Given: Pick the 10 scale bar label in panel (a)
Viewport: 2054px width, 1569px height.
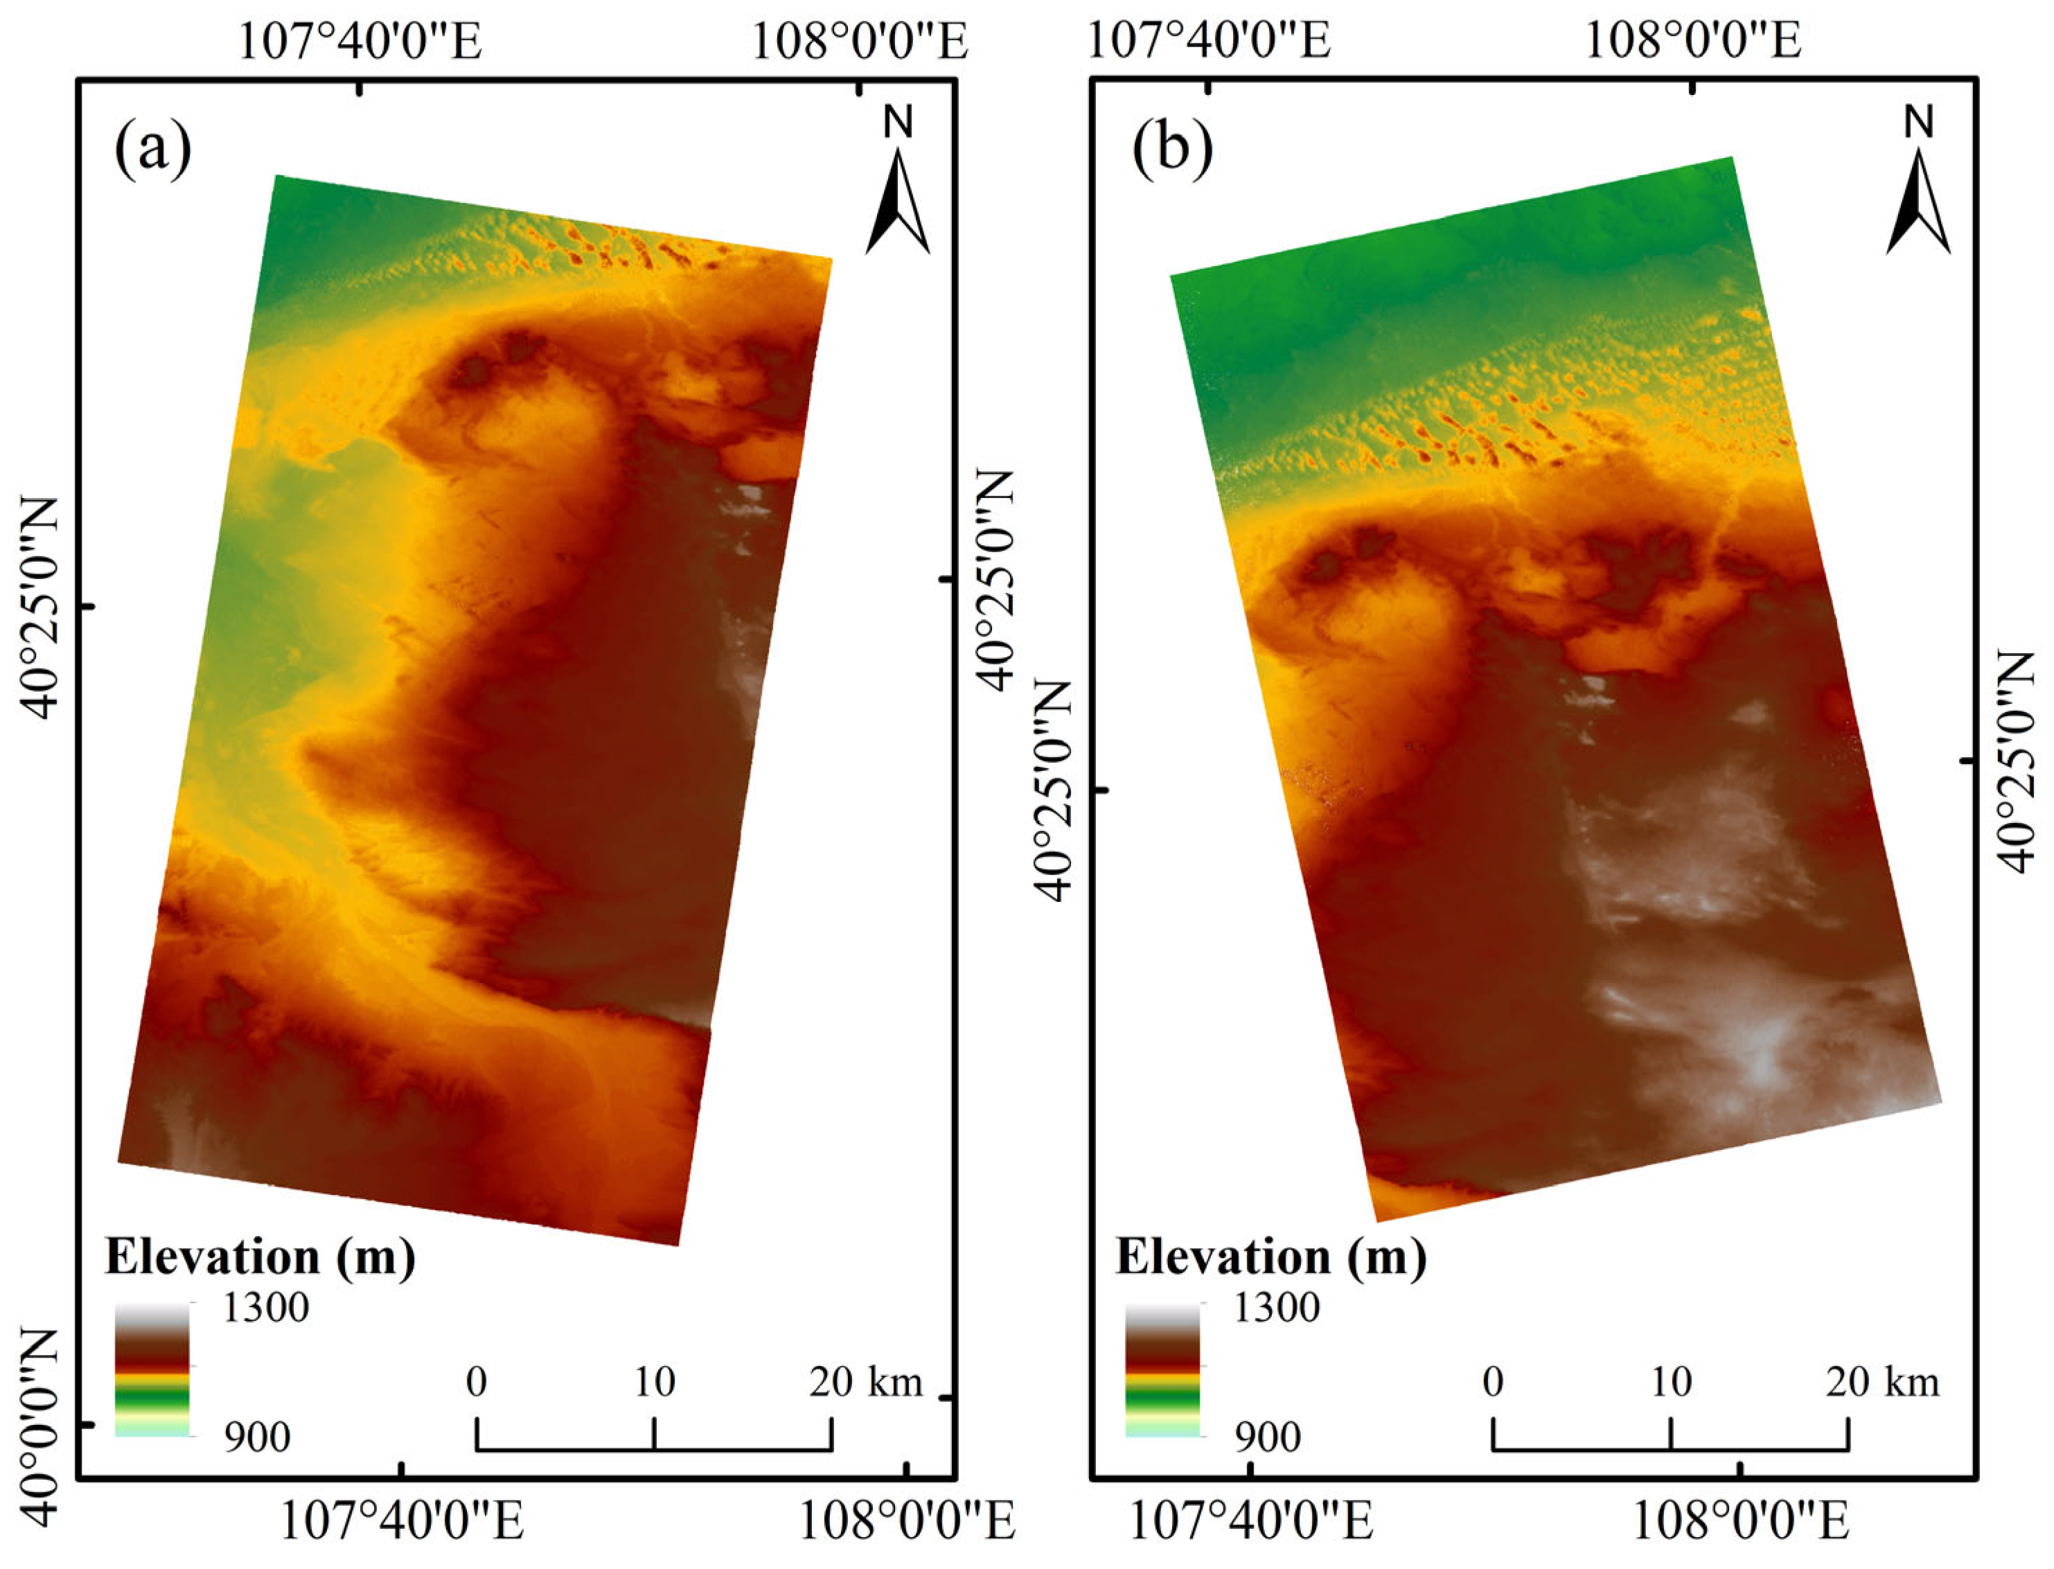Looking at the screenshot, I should (x=654, y=1381).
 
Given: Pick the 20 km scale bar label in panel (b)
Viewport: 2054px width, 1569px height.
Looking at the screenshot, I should (x=1882, y=1381).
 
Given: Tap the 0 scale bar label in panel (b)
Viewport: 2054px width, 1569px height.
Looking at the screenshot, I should (x=1493, y=1381).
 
